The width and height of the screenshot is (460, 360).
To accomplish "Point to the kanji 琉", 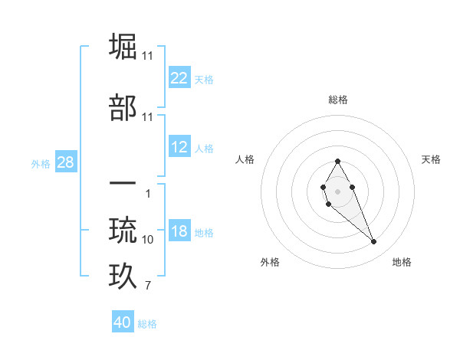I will pyautogui.click(x=124, y=230).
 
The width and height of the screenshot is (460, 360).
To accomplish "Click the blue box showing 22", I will pyautogui.click(x=179, y=78).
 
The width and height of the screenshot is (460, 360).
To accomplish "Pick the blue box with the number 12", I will pyautogui.click(x=179, y=148).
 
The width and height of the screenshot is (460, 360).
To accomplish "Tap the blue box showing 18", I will pyautogui.click(x=179, y=232).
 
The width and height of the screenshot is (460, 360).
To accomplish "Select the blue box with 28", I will pyautogui.click(x=65, y=162).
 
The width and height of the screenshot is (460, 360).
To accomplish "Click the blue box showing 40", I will pyautogui.click(x=123, y=322).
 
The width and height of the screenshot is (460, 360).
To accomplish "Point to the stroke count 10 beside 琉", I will pyautogui.click(x=148, y=240).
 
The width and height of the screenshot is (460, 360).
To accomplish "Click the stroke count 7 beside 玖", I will pyautogui.click(x=148, y=286).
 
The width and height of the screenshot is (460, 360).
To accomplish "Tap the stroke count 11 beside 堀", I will pyautogui.click(x=148, y=55).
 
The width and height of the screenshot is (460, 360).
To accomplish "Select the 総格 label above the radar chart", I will pyautogui.click(x=338, y=100).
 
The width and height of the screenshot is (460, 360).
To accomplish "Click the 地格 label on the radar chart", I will pyautogui.click(x=402, y=262).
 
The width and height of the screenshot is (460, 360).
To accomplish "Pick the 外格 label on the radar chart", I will pyautogui.click(x=270, y=262).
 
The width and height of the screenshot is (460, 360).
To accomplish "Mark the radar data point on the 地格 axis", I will pyautogui.click(x=373, y=241).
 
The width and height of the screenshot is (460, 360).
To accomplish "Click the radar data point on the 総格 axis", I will pyautogui.click(x=338, y=162).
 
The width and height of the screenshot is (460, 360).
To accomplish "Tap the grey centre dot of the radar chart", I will pyautogui.click(x=338, y=190).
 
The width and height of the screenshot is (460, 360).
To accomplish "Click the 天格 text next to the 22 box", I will pyautogui.click(x=204, y=79).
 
